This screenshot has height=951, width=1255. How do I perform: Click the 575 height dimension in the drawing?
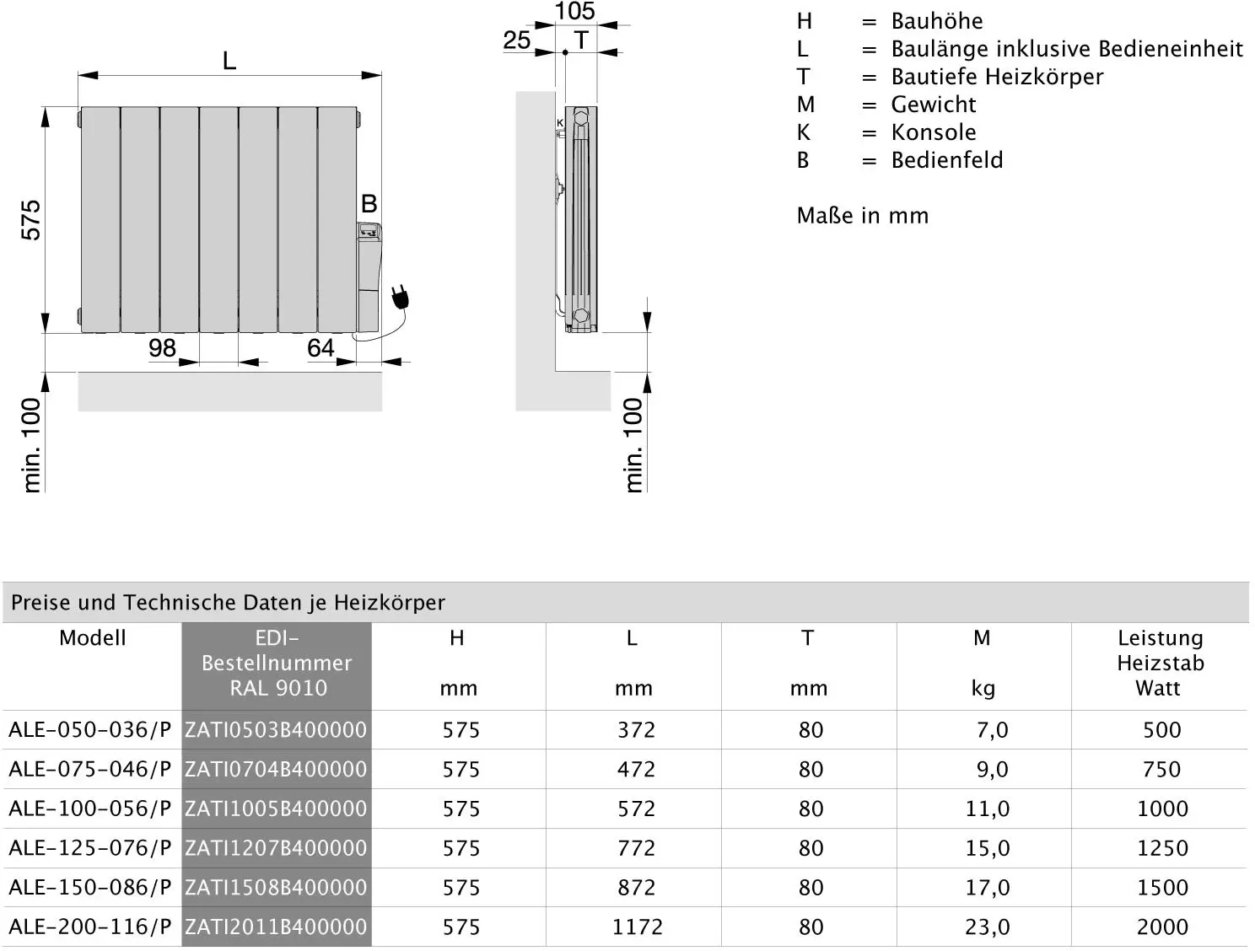(x=31, y=220)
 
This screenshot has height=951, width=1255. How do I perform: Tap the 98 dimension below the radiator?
(x=162, y=347)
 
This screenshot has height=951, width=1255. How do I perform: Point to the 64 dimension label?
(x=320, y=347)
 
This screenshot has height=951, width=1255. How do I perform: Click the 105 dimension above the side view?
(x=575, y=11)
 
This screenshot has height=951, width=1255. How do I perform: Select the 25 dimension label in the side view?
(x=517, y=40)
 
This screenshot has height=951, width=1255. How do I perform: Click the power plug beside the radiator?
(x=401, y=297)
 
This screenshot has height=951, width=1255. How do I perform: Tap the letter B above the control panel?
(x=369, y=203)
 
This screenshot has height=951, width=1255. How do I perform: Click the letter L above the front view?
(x=229, y=60)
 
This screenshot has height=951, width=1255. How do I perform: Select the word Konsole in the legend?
(x=934, y=132)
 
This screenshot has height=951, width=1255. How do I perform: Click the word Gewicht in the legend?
(x=934, y=105)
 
